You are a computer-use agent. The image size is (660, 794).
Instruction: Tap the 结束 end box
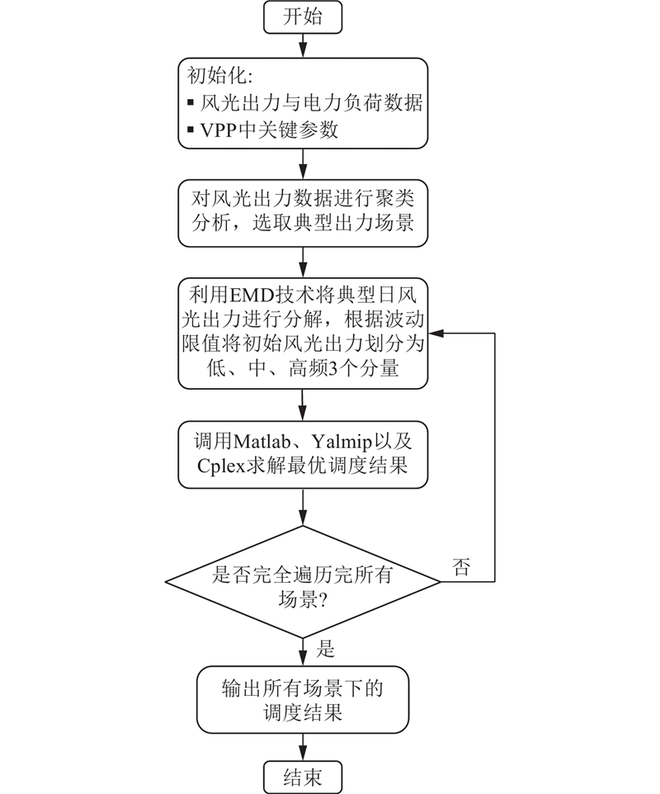[303, 777]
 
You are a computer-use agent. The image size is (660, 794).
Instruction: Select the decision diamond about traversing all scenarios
[303, 582]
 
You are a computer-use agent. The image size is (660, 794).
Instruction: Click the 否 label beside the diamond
[463, 567]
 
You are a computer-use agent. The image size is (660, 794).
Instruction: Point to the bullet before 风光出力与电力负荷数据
[192, 104]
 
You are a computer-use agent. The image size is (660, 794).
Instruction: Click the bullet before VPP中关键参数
[192, 130]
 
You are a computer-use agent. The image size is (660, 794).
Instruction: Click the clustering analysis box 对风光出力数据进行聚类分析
[303, 211]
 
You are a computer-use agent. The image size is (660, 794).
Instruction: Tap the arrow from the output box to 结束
[303, 744]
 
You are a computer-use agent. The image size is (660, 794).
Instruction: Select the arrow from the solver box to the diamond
[303, 506]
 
